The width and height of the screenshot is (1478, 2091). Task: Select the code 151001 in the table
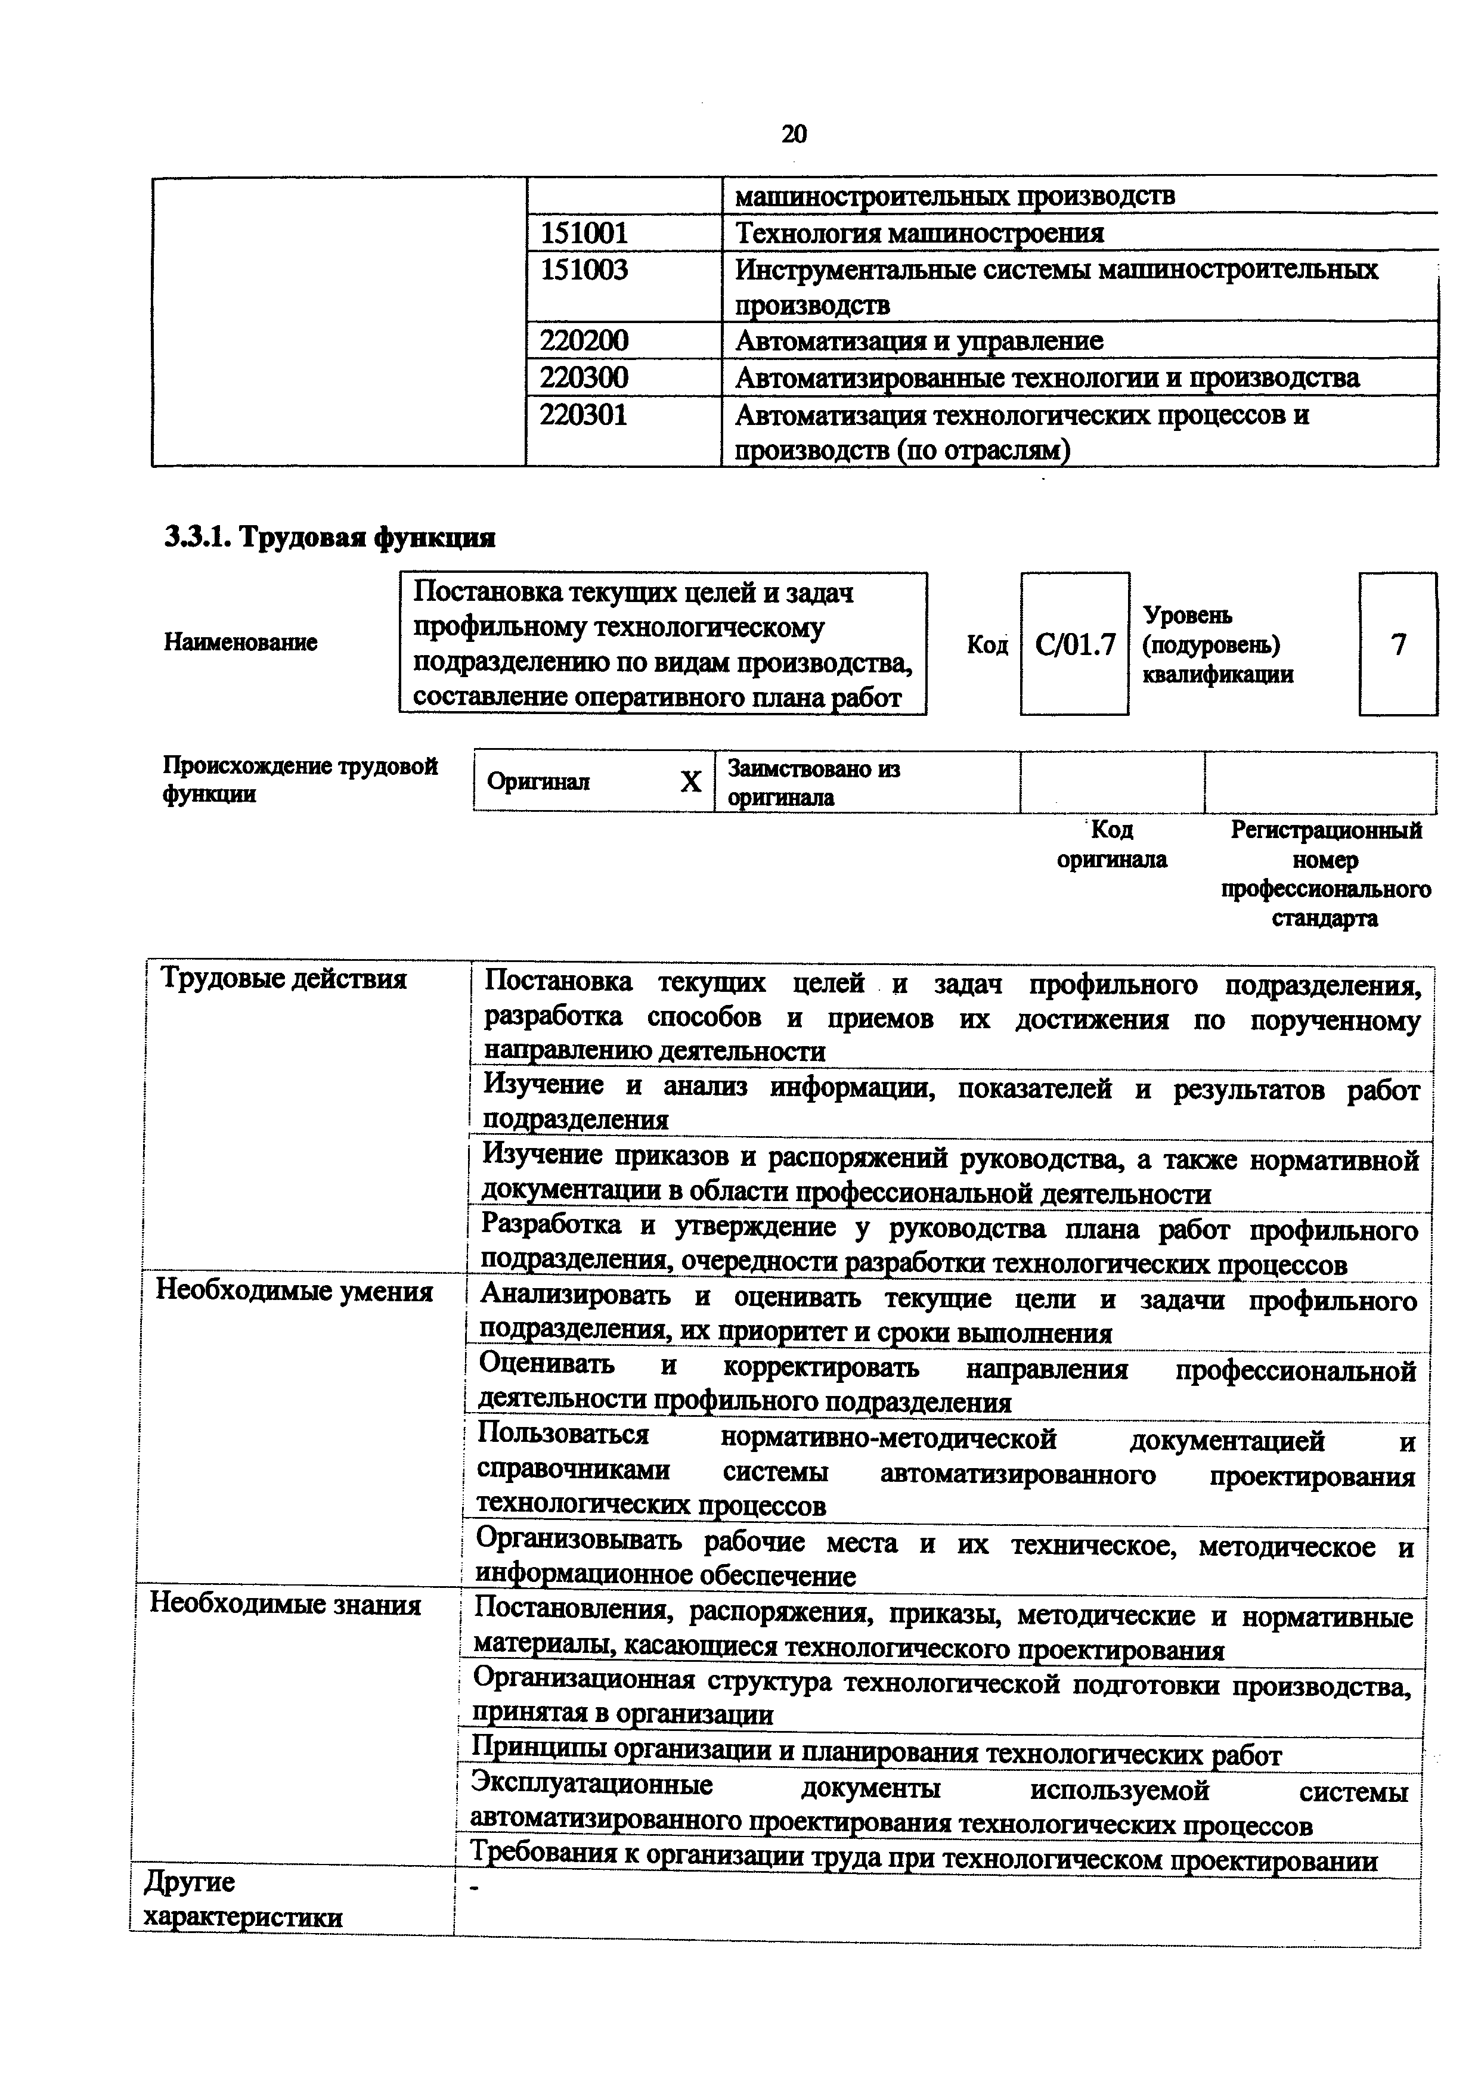tap(584, 233)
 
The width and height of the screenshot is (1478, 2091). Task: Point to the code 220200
tap(584, 340)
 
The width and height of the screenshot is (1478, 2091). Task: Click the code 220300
tap(584, 377)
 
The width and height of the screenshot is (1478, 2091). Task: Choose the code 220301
tap(584, 415)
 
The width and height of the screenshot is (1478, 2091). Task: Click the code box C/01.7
tap(1074, 645)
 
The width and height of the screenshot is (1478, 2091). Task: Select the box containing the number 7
tap(1398, 645)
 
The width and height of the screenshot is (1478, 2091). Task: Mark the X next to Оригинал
tap(691, 782)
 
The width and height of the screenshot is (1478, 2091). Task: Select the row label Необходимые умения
tap(294, 1292)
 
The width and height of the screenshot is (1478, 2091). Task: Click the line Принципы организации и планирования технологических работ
tap(875, 1754)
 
